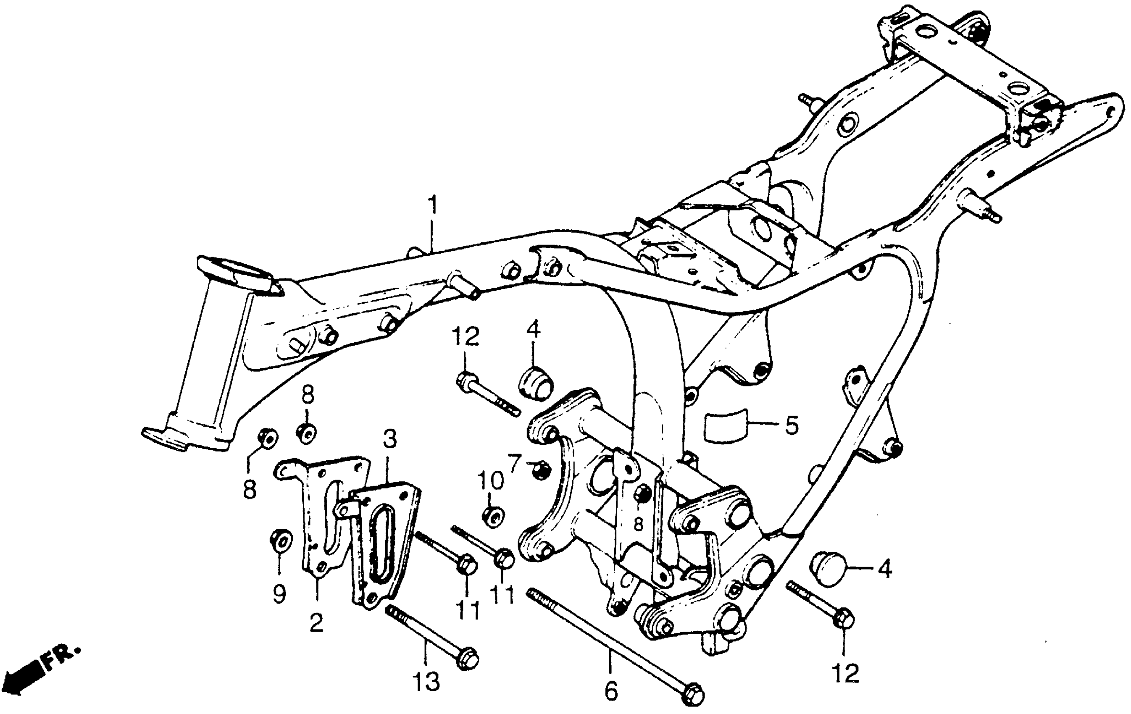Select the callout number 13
point(426,681)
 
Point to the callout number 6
point(610,690)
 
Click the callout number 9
point(279,595)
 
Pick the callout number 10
point(490,481)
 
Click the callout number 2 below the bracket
point(316,622)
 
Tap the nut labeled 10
point(493,516)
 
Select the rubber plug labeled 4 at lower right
point(829,569)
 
